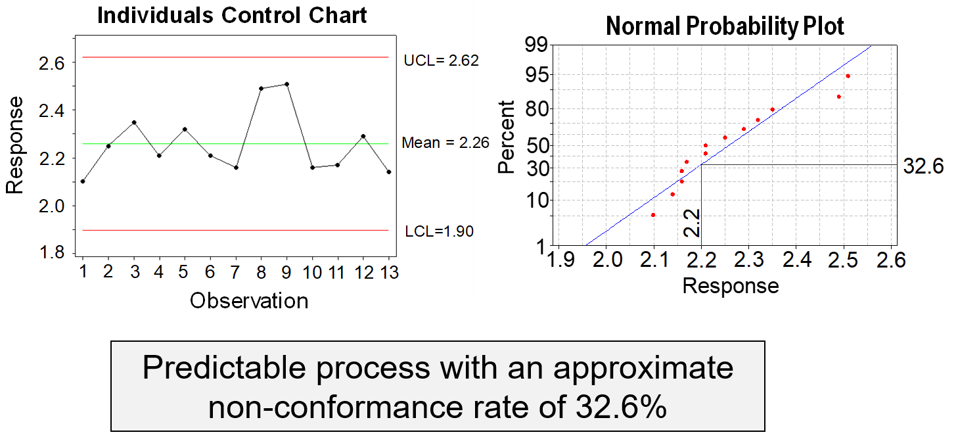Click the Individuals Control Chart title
(232, 15)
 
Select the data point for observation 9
(286, 84)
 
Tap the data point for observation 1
(83, 181)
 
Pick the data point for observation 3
(134, 122)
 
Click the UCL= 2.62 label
(439, 60)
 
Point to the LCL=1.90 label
(439, 231)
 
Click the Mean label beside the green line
(438, 143)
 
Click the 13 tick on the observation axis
(389, 272)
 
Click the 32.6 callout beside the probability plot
(921, 166)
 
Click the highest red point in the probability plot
(848, 76)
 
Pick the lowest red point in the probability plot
(653, 215)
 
